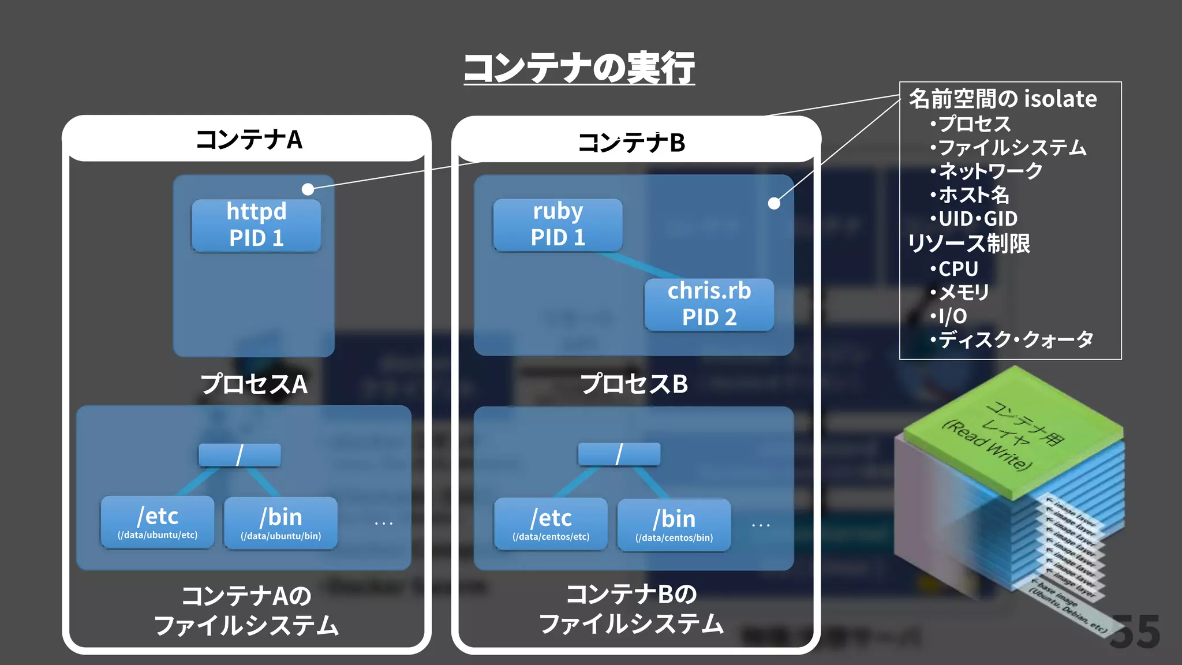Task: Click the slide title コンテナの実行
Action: [579, 68]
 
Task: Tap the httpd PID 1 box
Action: [256, 225]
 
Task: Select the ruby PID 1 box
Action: [558, 225]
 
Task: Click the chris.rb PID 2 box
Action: [709, 304]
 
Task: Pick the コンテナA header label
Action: [249, 140]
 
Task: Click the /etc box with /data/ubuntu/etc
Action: [158, 522]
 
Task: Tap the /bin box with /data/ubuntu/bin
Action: [280, 523]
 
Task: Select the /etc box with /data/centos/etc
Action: [551, 524]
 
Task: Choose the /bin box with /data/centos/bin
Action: [674, 525]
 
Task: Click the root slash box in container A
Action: [240, 455]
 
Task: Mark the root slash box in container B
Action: [619, 454]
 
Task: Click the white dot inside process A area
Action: [308, 189]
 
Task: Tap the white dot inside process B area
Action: [774, 203]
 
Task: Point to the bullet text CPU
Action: [957, 269]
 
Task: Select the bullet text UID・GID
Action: [977, 219]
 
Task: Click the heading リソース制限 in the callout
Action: [969, 244]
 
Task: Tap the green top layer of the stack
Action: [1013, 433]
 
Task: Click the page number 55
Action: [1135, 632]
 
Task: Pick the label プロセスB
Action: [634, 384]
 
